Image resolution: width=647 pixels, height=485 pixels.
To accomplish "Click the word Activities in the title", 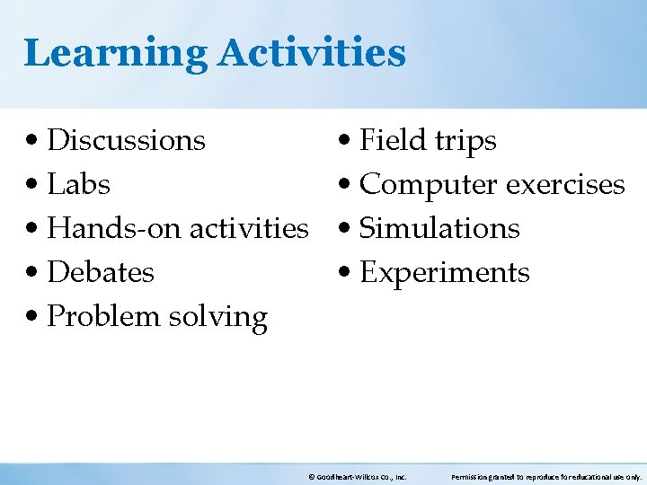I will pyautogui.click(x=311, y=51).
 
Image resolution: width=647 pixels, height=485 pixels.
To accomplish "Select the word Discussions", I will pyautogui.click(x=126, y=140).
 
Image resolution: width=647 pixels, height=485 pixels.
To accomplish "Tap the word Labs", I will pyautogui.click(x=78, y=184).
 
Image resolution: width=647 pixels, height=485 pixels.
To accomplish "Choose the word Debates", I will pyautogui.click(x=101, y=272).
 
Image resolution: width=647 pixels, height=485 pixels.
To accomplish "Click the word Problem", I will pyautogui.click(x=100, y=316).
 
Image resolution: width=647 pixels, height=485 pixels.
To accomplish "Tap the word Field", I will pyautogui.click(x=392, y=140).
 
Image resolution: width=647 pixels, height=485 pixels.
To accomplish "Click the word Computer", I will pyautogui.click(x=429, y=185).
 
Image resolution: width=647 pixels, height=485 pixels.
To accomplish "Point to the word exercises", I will pyautogui.click(x=565, y=184).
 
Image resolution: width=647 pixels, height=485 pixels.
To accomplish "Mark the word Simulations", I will pyautogui.click(x=439, y=228).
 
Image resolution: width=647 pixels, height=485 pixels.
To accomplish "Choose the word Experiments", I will pyautogui.click(x=445, y=273).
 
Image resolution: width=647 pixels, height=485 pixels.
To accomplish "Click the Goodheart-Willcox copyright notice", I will pyautogui.click(x=357, y=477).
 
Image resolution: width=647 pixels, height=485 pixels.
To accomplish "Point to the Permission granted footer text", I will pyautogui.click(x=546, y=477).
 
